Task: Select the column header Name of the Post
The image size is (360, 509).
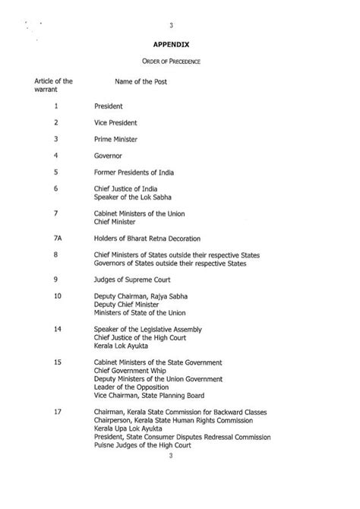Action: (x=141, y=81)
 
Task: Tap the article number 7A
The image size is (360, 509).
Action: (x=57, y=239)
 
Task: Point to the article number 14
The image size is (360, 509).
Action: (x=57, y=328)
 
